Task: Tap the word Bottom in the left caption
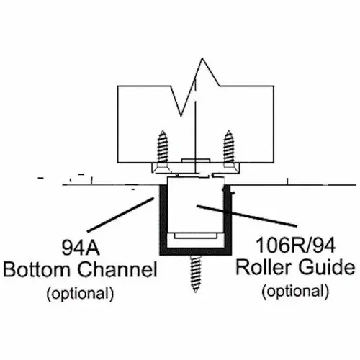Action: click(x=37, y=271)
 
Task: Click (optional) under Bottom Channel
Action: click(x=80, y=293)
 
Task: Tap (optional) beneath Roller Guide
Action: click(x=296, y=291)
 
